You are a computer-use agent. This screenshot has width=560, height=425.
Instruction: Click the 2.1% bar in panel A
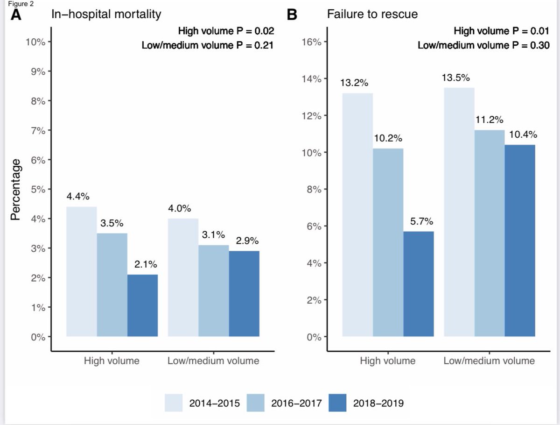click(142, 305)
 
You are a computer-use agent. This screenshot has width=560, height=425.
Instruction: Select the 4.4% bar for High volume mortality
click(82, 271)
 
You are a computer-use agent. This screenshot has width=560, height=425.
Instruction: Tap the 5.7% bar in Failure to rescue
click(419, 284)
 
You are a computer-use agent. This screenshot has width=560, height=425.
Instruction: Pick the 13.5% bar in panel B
click(459, 212)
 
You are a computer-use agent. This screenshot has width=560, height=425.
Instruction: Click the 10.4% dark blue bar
click(520, 241)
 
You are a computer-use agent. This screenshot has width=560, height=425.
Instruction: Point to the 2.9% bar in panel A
click(244, 294)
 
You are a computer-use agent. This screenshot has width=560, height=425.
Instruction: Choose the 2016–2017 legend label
click(296, 403)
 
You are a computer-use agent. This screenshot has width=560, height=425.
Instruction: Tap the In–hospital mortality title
click(106, 14)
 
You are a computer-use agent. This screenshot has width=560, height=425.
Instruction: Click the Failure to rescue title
click(372, 14)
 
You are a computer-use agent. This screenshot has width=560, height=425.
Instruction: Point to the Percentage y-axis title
click(16, 189)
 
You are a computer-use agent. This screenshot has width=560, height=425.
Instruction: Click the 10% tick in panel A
click(35, 42)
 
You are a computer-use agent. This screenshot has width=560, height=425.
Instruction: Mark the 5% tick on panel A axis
click(37, 190)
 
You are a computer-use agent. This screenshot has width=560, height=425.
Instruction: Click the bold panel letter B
click(292, 14)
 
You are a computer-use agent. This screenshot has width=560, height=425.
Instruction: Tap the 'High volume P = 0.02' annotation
click(225, 32)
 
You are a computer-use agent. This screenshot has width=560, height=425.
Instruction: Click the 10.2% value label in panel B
click(388, 139)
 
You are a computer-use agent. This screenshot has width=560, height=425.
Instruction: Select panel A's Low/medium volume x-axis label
click(213, 361)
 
